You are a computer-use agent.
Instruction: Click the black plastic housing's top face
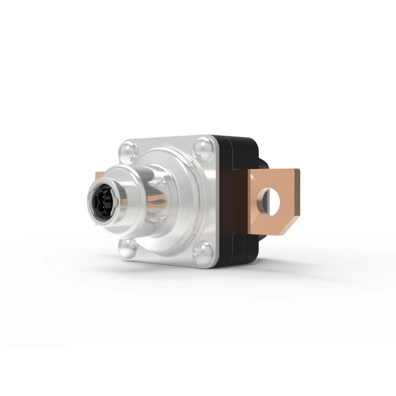point(238,140)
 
